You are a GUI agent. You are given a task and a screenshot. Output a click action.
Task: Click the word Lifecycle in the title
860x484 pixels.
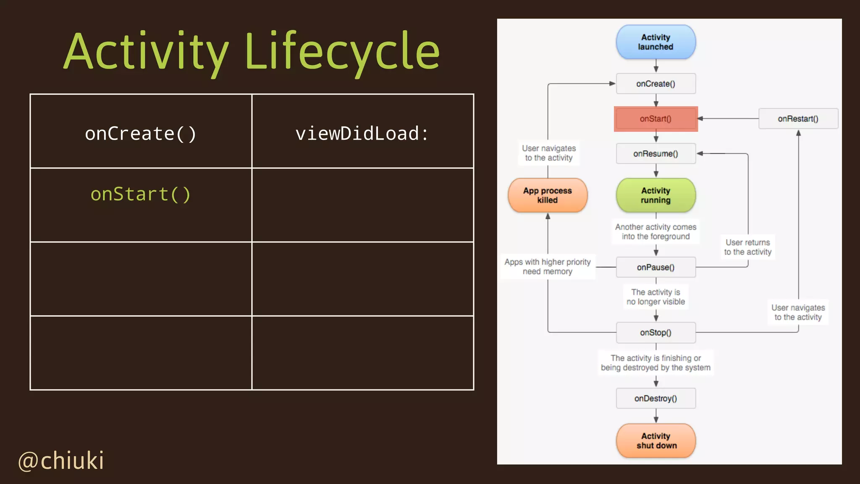click(x=342, y=52)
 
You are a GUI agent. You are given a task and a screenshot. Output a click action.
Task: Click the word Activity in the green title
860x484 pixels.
click(x=146, y=52)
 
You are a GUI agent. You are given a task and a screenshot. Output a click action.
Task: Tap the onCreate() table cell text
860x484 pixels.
click(x=141, y=134)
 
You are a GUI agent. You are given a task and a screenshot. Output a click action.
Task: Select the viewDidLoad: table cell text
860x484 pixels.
click(x=362, y=134)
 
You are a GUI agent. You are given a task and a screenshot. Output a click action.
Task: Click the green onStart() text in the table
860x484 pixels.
click(x=141, y=194)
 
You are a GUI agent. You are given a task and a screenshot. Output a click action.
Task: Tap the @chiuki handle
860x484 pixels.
click(x=61, y=460)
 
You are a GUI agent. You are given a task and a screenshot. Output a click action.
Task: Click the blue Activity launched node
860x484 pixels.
click(x=655, y=42)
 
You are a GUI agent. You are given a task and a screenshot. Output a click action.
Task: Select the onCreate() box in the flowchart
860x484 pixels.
click(x=655, y=84)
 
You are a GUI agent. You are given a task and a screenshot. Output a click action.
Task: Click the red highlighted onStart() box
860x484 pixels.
click(x=655, y=119)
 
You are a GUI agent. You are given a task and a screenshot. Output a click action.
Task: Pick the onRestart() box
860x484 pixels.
click(x=798, y=119)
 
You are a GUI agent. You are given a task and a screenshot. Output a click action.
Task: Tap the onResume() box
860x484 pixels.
click(x=655, y=154)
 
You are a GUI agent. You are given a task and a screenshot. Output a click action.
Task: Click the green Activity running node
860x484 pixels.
click(x=655, y=195)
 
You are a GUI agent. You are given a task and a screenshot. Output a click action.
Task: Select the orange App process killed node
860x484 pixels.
click(x=548, y=195)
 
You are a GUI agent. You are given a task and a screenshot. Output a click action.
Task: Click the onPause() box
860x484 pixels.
click(x=655, y=267)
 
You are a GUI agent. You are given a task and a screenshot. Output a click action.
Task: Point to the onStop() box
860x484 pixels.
click(x=655, y=332)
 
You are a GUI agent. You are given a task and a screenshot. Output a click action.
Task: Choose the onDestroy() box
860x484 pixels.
click(x=655, y=398)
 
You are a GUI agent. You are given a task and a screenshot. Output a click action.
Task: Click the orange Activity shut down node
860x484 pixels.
click(x=655, y=441)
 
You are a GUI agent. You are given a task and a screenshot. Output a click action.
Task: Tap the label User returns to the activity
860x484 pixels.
click(x=747, y=247)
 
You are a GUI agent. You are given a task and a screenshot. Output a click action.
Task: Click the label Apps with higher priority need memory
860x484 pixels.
click(x=548, y=266)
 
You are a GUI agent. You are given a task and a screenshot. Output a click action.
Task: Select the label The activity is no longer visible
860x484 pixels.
click(x=655, y=297)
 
